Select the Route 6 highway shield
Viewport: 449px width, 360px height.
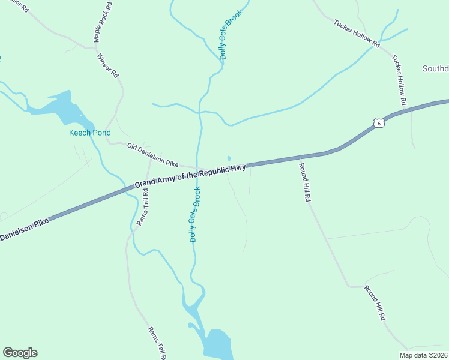378,123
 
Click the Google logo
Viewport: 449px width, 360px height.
20,353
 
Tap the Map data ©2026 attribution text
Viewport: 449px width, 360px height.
423,355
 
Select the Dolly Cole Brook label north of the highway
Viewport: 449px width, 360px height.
231,35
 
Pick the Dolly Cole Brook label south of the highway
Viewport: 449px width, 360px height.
194,214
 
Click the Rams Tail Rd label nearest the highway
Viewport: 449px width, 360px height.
142,208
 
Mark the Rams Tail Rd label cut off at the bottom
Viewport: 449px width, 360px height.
157,343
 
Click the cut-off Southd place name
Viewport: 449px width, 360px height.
435,68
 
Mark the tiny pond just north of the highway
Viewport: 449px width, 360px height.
229,158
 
